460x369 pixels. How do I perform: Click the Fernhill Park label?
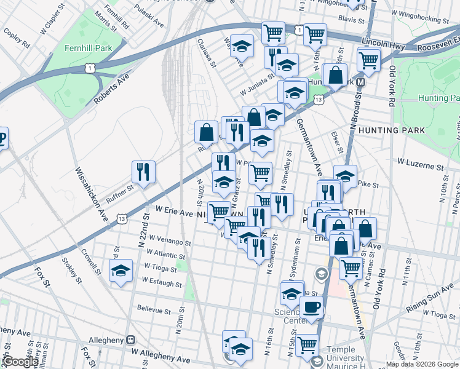pyautogui.click(x=87, y=47)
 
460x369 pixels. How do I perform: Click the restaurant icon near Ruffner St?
pyautogui.click(x=143, y=173)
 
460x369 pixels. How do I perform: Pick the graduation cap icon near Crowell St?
pyautogui.click(x=121, y=271)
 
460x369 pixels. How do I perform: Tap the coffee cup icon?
pyautogui.click(x=312, y=308)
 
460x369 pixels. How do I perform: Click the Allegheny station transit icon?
pyautogui.click(x=130, y=339)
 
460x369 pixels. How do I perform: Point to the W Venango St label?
pyautogui.click(x=156, y=242)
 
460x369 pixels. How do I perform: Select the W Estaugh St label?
pyautogui.click(x=161, y=281)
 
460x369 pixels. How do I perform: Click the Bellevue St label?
pyautogui.click(x=153, y=308)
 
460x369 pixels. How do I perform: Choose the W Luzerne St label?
pyautogui.click(x=420, y=166)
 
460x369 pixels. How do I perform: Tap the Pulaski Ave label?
pyautogui.click(x=150, y=20)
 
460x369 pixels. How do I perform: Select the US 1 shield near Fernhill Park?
pyautogui.click(x=90, y=68)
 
